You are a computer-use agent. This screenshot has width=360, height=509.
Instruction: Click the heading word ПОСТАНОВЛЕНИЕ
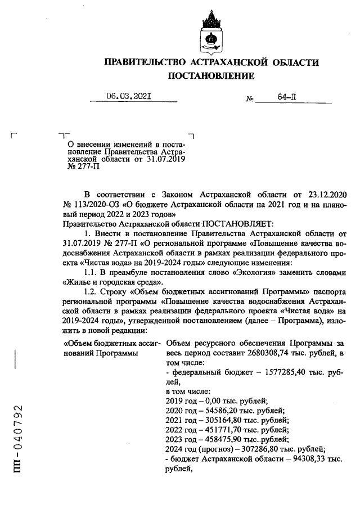pos(210,76)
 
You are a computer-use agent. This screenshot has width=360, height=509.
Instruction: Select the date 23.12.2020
pos(315,193)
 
